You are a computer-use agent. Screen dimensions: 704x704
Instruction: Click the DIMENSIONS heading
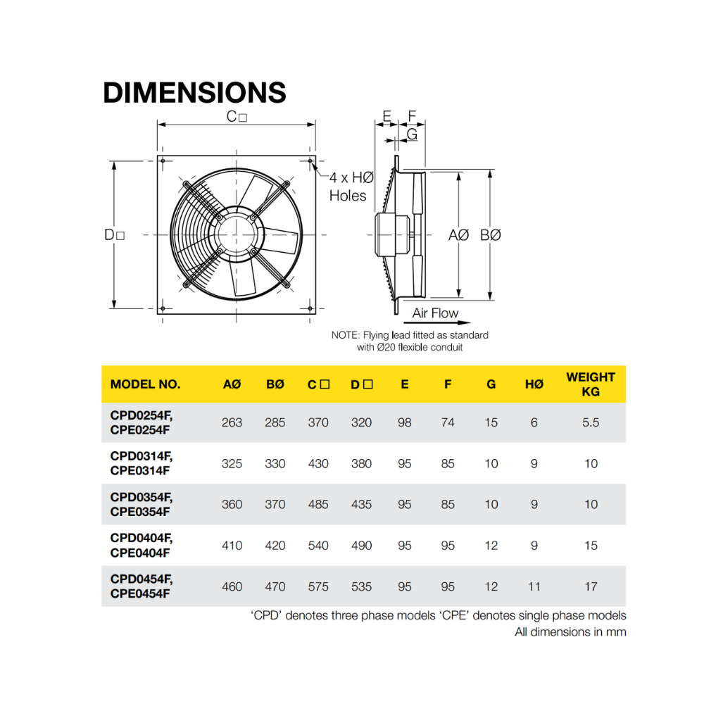pyautogui.click(x=194, y=93)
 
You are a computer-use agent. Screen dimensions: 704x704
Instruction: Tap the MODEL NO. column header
pyautogui.click(x=145, y=384)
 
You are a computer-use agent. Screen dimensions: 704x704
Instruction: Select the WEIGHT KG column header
pyautogui.click(x=590, y=384)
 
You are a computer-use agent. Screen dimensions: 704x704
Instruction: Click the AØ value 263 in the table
pyautogui.click(x=232, y=422)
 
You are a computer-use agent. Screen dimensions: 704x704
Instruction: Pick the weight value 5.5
pyautogui.click(x=591, y=422)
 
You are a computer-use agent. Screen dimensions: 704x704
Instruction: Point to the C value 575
pyautogui.click(x=318, y=586)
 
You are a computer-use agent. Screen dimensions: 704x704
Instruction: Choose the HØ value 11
pyautogui.click(x=534, y=586)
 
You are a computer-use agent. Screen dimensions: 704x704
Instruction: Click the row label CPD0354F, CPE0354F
pyautogui.click(x=141, y=505)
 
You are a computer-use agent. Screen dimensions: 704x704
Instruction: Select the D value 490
pyautogui.click(x=361, y=546)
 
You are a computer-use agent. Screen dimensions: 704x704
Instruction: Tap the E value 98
pyautogui.click(x=404, y=422)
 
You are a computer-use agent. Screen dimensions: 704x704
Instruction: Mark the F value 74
pyautogui.click(x=448, y=422)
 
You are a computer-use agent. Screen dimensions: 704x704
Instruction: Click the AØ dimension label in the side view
pyautogui.click(x=458, y=235)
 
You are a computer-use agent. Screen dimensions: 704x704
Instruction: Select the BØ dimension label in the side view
pyautogui.click(x=491, y=235)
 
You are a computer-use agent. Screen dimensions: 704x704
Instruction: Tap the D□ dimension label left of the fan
pyautogui.click(x=115, y=235)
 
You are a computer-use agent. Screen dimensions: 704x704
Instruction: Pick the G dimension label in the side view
pyautogui.click(x=412, y=133)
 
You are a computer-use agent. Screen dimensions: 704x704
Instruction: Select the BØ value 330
pyautogui.click(x=275, y=464)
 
